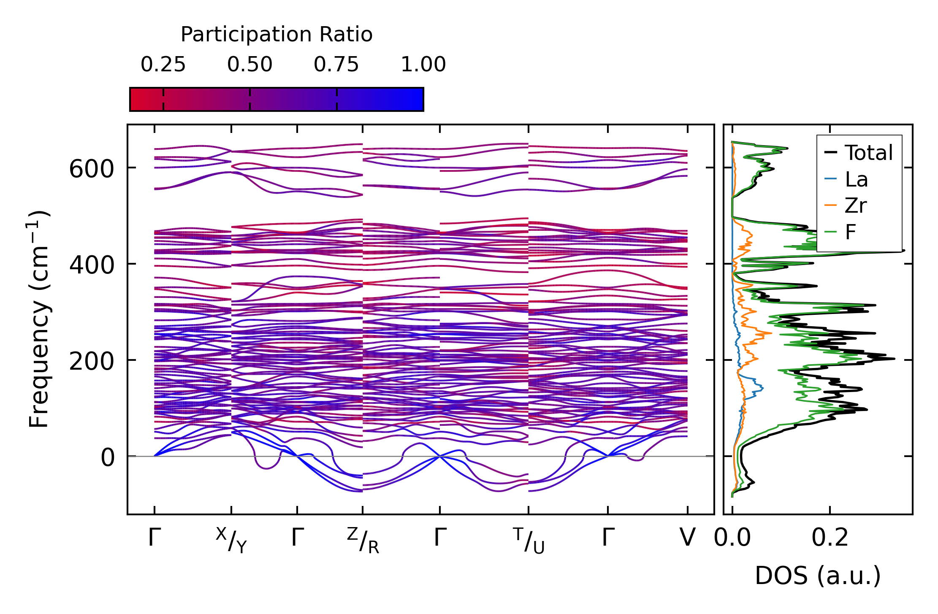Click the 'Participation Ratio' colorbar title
(277, 35)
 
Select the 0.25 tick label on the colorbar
(163, 65)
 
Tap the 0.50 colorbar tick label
(250, 65)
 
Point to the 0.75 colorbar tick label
(336, 65)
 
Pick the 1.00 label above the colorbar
(423, 65)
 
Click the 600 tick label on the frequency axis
(92, 170)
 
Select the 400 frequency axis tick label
(92, 265)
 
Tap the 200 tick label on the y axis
(92, 362)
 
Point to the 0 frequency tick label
(108, 458)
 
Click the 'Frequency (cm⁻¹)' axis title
(39, 319)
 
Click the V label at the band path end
(688, 538)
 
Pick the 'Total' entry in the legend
(859, 153)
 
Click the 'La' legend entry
(846, 179)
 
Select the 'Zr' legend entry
(846, 206)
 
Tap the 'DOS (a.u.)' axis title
(818, 576)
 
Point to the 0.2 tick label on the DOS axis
(830, 538)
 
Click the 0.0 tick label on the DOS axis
(732, 538)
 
